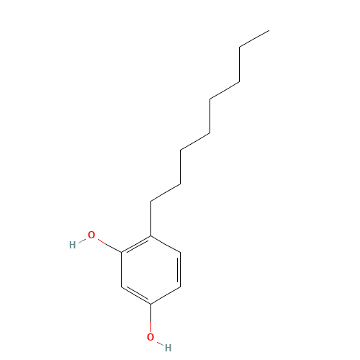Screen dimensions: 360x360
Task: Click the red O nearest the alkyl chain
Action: click(91, 235)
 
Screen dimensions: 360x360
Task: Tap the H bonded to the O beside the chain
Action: click(72, 245)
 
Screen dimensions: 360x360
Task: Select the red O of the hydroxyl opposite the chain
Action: click(150, 337)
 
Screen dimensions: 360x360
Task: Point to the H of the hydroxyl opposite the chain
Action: click(168, 348)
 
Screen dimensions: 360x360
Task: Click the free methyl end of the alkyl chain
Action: click(269, 30)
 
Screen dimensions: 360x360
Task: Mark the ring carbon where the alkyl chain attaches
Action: click(150, 235)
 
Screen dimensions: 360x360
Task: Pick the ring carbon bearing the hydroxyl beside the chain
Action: click(121, 253)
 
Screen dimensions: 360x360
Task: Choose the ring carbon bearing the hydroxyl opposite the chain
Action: click(150, 305)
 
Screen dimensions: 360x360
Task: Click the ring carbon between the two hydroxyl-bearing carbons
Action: click(121, 287)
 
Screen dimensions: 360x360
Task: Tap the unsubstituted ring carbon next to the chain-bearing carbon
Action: click(180, 252)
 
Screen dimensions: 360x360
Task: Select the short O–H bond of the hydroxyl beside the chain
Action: click(82, 240)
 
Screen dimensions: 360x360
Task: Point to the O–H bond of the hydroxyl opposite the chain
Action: click(160, 343)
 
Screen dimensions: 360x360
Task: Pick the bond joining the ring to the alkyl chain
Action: click(150, 218)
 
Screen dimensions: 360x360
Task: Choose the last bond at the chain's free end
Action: click(254, 39)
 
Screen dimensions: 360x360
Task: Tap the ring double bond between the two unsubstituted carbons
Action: click(179, 269)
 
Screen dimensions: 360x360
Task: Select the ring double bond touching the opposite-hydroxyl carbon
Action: click(137, 294)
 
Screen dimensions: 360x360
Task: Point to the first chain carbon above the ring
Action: click(150, 201)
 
